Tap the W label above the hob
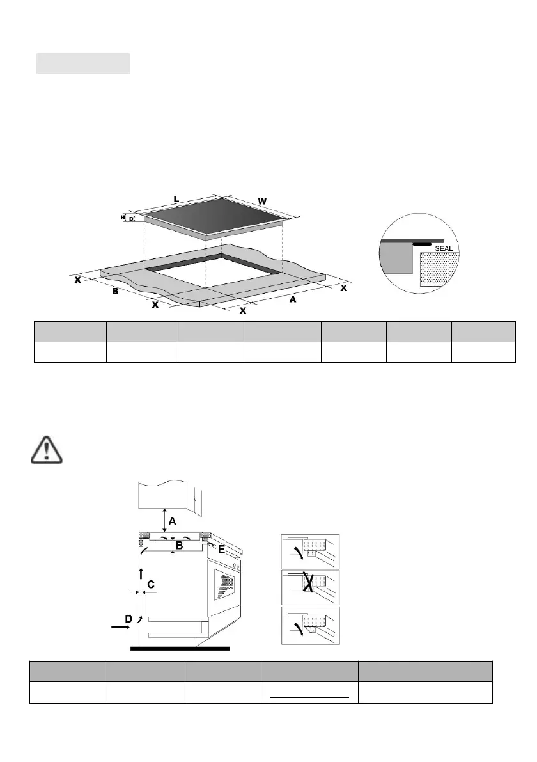262,202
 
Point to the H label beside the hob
123,218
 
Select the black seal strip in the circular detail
421,244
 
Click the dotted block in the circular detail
440,269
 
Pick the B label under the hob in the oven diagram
180,546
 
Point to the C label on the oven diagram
151,584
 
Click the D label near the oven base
128,619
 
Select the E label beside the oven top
221,549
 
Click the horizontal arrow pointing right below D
120,628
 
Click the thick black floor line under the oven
179,648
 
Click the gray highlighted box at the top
83,63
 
